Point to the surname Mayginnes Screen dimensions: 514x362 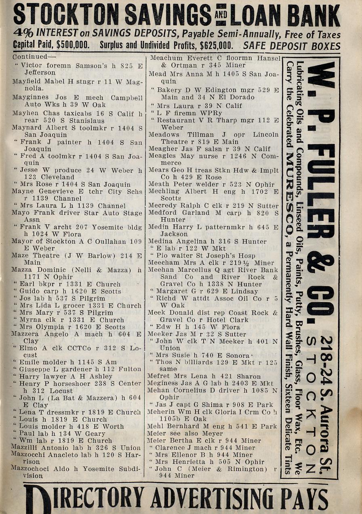[30, 97]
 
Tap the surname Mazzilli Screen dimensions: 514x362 [27, 448]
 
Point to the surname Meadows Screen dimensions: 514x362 [164, 134]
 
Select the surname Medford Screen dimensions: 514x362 [162, 212]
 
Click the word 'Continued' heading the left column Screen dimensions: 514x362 [29, 57]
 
